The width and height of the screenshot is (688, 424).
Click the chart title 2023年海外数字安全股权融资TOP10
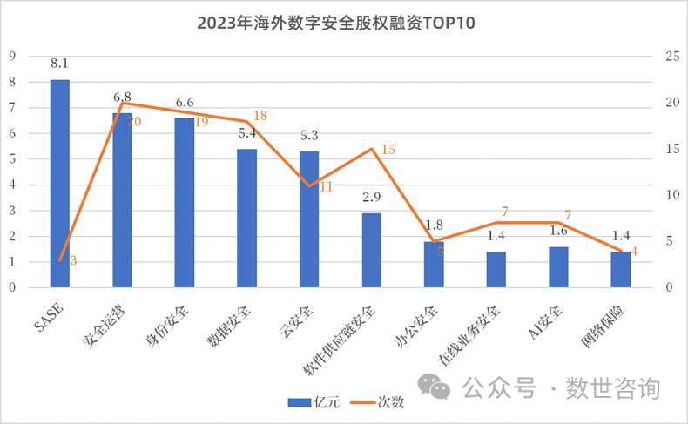tap(343, 22)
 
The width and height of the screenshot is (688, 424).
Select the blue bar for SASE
tap(60, 183)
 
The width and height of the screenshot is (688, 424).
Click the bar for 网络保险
tap(621, 269)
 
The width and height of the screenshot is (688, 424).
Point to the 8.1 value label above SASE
tap(60, 64)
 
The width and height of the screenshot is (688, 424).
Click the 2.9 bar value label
tap(372, 198)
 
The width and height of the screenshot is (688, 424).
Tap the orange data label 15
tap(388, 149)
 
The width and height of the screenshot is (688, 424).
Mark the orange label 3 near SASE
tap(73, 259)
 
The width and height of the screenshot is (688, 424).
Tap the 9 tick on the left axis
tap(12, 57)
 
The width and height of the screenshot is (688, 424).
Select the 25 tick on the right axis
tap(671, 57)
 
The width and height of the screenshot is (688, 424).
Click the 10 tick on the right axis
tap(671, 195)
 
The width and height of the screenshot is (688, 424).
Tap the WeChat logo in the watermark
tap(434, 386)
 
